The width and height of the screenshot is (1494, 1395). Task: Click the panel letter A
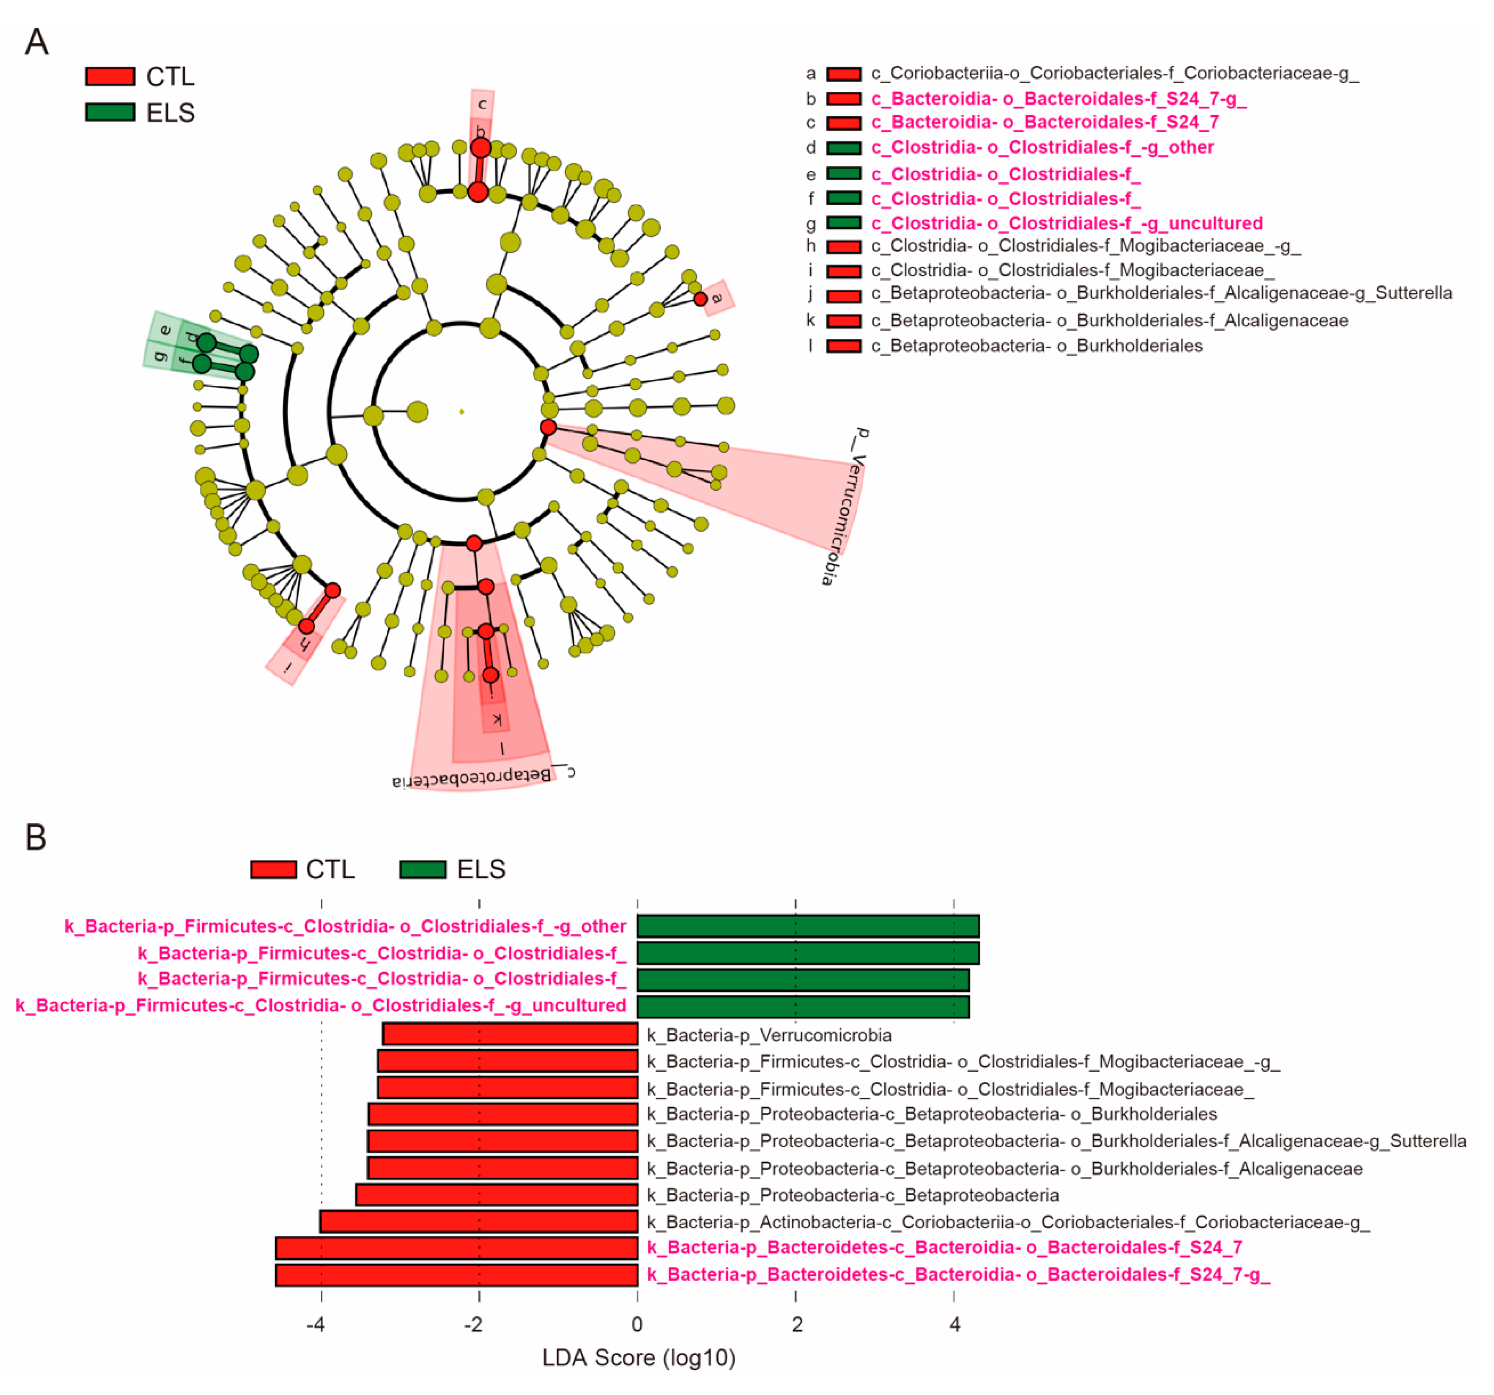pyautogui.click(x=37, y=42)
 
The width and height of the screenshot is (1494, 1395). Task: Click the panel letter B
pyautogui.click(x=36, y=837)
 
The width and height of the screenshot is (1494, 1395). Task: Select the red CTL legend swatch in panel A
pyautogui.click(x=110, y=76)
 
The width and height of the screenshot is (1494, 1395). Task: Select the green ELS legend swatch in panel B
pyautogui.click(x=422, y=869)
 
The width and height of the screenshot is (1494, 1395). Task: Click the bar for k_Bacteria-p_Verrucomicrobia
pyautogui.click(x=510, y=1034)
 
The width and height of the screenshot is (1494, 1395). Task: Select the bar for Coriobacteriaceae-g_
pyautogui.click(x=479, y=1221)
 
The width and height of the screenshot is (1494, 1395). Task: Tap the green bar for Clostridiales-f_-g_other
pyautogui.click(x=808, y=926)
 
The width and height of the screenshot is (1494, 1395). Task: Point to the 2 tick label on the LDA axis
pyautogui.click(x=796, y=1324)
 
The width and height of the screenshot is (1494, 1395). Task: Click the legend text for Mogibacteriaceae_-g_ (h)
pyautogui.click(x=1085, y=246)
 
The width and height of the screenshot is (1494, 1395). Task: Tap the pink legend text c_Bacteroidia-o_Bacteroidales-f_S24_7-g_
pyautogui.click(x=1058, y=98)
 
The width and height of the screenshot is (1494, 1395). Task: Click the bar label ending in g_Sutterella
pyautogui.click(x=1056, y=1141)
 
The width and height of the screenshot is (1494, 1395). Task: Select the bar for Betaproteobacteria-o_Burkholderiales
pyautogui.click(x=503, y=1114)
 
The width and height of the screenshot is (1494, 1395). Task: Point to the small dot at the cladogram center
pyautogui.click(x=461, y=412)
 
